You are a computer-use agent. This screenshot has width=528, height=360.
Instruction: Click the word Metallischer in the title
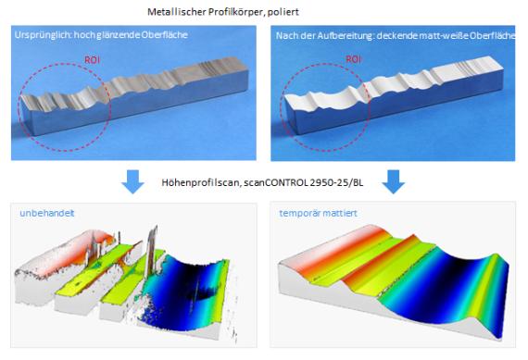click(x=177, y=12)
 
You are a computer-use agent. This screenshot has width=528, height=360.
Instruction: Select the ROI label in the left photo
click(x=92, y=60)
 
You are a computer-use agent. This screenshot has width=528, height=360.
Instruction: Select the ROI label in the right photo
click(x=354, y=59)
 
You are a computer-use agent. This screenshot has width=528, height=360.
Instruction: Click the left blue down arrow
click(x=133, y=181)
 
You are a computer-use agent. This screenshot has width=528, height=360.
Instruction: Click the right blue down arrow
click(x=394, y=181)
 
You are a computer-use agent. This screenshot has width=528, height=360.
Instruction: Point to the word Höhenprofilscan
click(x=200, y=182)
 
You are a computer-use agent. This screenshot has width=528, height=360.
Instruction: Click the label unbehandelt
click(x=47, y=213)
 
